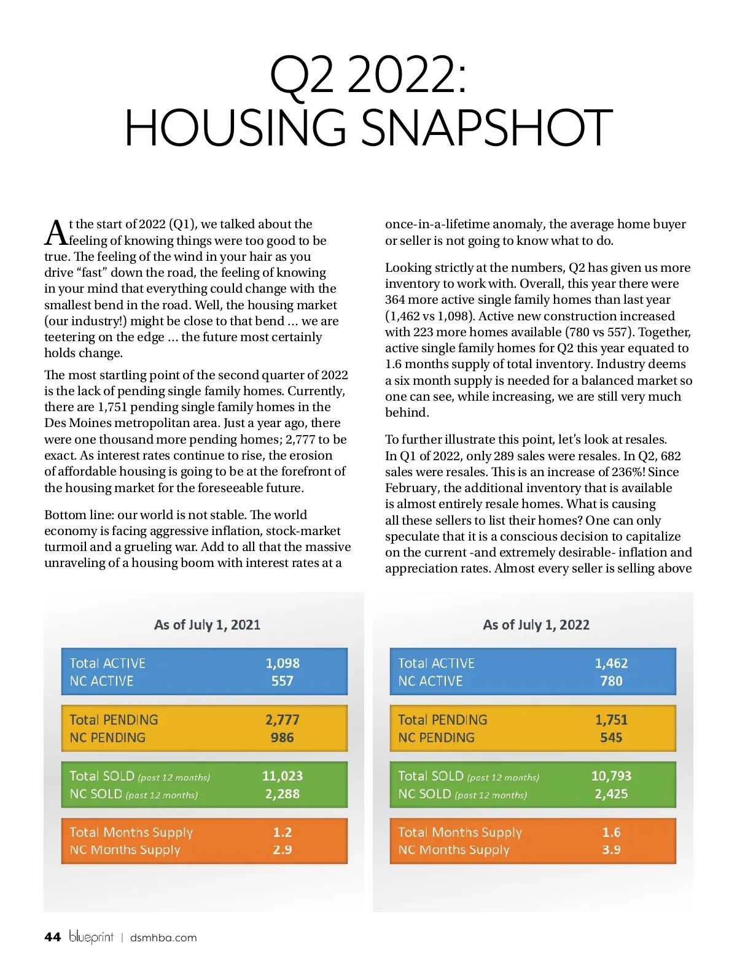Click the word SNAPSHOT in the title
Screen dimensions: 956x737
click(x=486, y=128)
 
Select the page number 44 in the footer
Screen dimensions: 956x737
click(x=53, y=937)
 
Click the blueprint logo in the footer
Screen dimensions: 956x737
click(x=91, y=937)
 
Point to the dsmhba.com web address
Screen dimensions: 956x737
click(x=163, y=938)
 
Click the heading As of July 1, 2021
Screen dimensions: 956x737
click(x=207, y=625)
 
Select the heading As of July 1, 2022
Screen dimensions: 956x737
click(x=536, y=625)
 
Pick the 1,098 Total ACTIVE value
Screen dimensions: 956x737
click(x=283, y=663)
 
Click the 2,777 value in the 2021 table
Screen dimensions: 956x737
click(x=283, y=720)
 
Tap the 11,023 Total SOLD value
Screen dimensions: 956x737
click(x=283, y=776)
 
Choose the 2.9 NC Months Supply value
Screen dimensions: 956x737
click(x=283, y=850)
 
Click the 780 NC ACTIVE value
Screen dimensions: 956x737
click(x=611, y=681)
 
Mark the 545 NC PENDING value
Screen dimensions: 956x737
click(x=611, y=738)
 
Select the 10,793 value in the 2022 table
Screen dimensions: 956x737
click(x=611, y=776)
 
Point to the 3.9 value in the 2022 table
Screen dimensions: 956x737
click(x=611, y=850)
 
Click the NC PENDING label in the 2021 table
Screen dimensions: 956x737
click(x=107, y=738)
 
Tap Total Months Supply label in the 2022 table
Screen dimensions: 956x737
click(x=460, y=833)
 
